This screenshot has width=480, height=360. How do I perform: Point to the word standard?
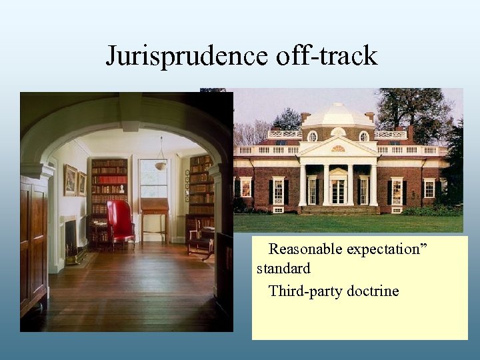tap(283, 269)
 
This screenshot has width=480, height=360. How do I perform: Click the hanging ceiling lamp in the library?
tap(161, 163)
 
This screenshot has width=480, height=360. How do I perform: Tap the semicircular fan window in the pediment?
tap(338, 148)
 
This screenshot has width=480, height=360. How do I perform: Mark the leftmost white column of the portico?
tap(303, 185)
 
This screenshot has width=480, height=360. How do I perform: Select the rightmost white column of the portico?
tap(373, 185)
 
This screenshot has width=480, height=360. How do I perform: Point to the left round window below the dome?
tap(312, 137)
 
